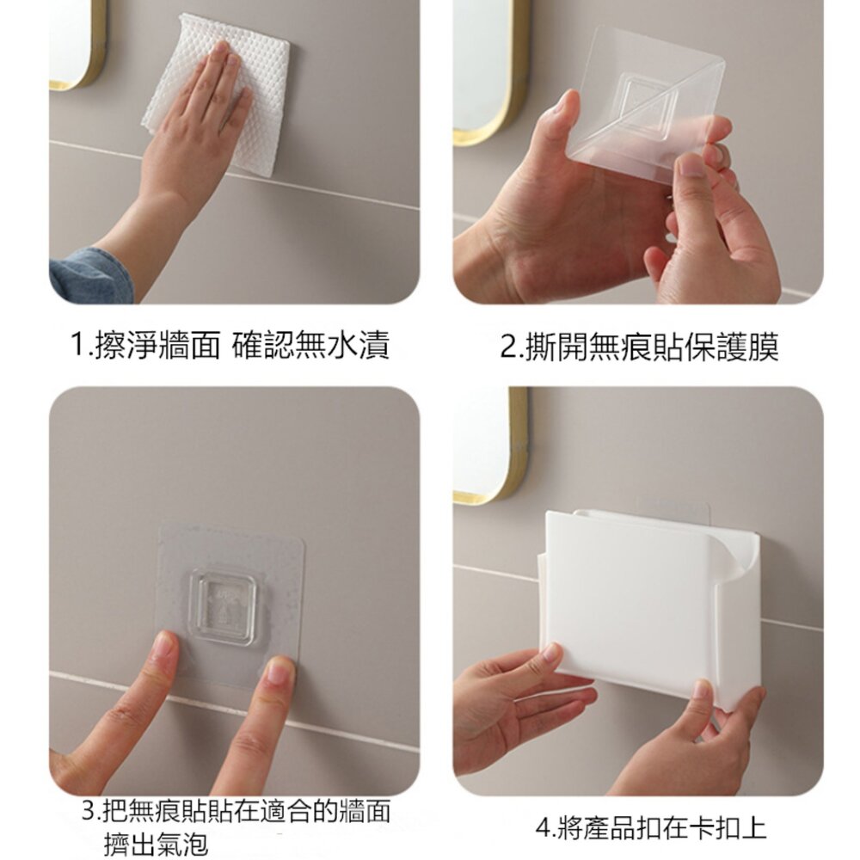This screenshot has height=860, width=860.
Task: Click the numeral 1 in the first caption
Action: (77, 345)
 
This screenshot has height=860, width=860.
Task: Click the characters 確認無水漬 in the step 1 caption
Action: (311, 345)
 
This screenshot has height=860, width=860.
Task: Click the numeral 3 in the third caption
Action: (89, 811)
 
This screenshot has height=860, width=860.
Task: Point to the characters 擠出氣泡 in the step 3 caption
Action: (156, 843)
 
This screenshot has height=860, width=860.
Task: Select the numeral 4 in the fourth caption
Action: (543, 827)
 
